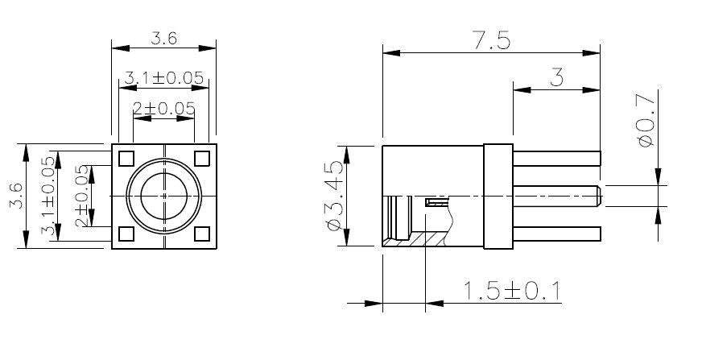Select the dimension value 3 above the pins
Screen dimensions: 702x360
556,78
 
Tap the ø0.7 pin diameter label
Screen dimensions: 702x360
646,118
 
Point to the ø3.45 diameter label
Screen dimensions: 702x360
336,196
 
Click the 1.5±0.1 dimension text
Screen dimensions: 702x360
511,291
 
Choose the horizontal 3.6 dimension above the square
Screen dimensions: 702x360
163,39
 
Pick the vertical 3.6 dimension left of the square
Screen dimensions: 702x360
17,196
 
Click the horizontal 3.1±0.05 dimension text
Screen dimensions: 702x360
164,78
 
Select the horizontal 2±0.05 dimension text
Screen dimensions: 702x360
164,109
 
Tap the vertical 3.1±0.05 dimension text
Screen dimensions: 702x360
48,196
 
